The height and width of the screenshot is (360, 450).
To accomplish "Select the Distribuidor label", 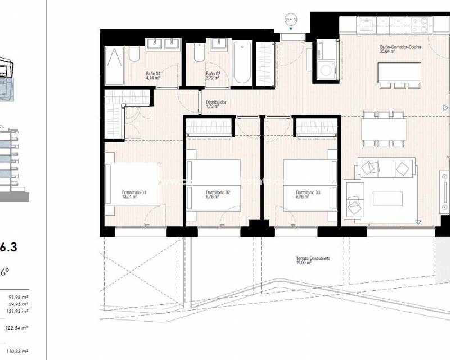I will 215,103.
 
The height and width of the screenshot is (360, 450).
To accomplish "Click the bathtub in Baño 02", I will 242,62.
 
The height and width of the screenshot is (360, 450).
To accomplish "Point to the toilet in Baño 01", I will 134,55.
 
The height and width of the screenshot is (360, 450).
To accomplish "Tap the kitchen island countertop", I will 399,72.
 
